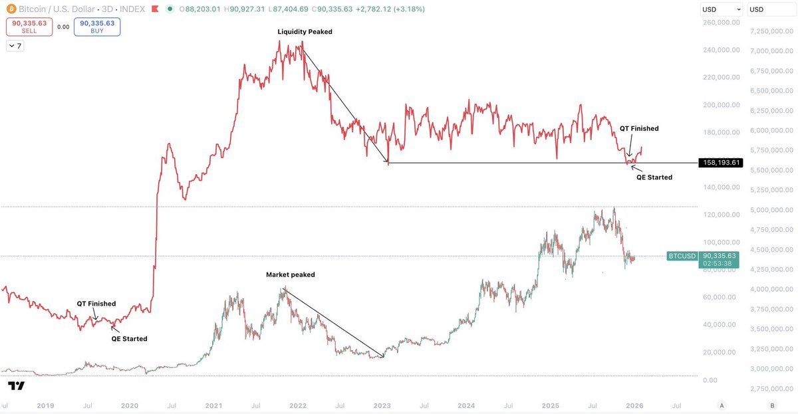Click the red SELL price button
pos(29,27)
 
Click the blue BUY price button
pos(97,27)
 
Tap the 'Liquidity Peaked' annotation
pos(305,32)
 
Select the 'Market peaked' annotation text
pos(291,274)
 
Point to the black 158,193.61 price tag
pos(721,163)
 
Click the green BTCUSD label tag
pos(682,256)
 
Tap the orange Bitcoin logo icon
pos(11,9)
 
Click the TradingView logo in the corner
pos(17,385)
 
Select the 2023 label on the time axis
pos(382,405)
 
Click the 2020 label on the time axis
pos(129,405)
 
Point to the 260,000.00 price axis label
pos(722,23)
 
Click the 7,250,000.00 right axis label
pos(771,31)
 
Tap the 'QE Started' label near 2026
pos(654,177)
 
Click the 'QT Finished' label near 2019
pos(96,304)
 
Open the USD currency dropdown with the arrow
pos(721,9)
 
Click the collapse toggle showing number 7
pos(15,46)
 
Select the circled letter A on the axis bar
pos(722,405)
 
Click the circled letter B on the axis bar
pos(772,405)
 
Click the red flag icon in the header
pos(155,9)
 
